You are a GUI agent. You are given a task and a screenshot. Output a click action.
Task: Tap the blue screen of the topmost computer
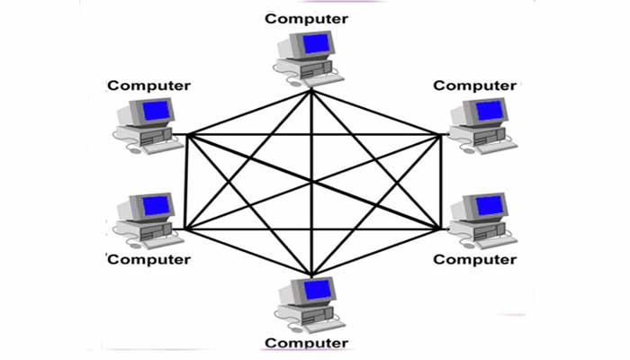point(316,45)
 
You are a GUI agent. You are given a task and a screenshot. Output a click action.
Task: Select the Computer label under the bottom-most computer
point(306,343)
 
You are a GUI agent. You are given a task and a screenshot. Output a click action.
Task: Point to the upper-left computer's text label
point(149,85)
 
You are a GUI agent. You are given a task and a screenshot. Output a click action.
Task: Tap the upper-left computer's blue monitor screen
point(157,112)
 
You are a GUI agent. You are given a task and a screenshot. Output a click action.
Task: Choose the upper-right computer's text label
point(475,85)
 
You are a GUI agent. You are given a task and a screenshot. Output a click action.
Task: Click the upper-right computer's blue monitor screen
point(490,111)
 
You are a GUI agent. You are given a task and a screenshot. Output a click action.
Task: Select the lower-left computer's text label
point(149,259)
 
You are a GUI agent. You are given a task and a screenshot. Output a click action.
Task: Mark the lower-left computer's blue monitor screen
point(157,206)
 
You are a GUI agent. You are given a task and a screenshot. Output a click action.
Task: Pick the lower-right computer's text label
point(475,259)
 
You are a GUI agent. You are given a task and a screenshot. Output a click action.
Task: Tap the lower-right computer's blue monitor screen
point(490,206)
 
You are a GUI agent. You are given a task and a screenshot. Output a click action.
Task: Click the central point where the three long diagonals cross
point(311,182)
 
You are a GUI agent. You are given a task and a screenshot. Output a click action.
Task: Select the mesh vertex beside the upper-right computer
point(440,135)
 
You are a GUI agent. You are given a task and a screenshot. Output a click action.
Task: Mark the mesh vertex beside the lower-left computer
point(184,229)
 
